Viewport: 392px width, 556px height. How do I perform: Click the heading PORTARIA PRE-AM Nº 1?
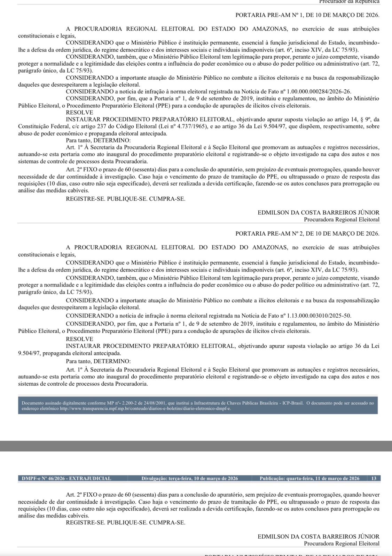pyautogui.click(x=307, y=15)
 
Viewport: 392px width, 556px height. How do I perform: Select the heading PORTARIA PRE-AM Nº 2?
pyautogui.click(x=307, y=234)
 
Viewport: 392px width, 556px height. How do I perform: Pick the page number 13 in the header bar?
pyautogui.click(x=374, y=479)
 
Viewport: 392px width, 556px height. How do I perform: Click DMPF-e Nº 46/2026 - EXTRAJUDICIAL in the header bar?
pyautogui.click(x=66, y=479)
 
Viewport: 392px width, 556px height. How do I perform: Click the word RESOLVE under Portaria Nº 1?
pyautogui.click(x=79, y=113)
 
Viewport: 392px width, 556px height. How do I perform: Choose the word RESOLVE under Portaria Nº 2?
pyautogui.click(x=79, y=339)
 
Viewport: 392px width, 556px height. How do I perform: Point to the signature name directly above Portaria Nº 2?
pyautogui.click(x=318, y=212)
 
